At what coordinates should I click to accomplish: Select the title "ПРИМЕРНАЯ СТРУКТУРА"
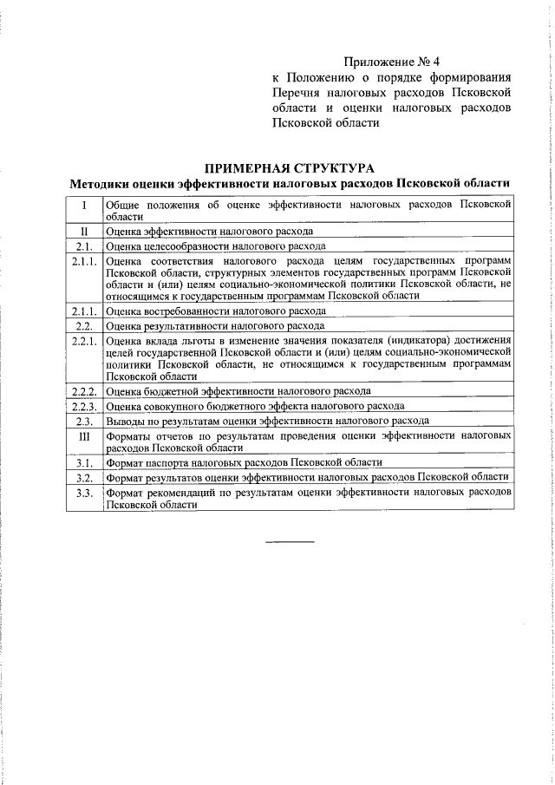[301, 168]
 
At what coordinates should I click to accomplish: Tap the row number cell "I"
[84, 206]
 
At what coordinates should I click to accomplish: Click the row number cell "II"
[84, 232]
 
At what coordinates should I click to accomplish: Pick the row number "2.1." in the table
[84, 245]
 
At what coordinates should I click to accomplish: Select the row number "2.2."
[84, 325]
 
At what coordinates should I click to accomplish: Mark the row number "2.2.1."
[84, 340]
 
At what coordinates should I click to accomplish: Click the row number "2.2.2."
[84, 391]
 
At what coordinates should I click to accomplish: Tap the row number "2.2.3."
[84, 406]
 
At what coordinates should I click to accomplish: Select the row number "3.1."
[84, 462]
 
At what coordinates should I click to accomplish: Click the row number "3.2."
[84, 477]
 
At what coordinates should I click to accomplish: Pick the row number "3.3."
[84, 492]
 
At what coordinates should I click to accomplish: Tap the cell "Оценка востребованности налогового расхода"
[216, 311]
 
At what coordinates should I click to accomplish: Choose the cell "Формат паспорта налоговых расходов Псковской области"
[244, 462]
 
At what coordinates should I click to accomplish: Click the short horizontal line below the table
[290, 542]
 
